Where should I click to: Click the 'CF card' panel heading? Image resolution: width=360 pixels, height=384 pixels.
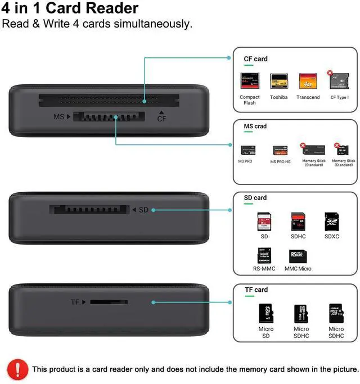tap(255, 59)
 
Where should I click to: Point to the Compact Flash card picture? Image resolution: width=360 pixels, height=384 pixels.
tap(249, 82)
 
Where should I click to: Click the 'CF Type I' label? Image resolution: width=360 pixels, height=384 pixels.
tap(339, 97)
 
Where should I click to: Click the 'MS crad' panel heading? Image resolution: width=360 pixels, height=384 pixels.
tap(255, 127)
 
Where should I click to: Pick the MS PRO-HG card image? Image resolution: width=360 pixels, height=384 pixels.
tap(280, 151)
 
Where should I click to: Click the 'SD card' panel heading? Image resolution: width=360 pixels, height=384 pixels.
tap(255, 198)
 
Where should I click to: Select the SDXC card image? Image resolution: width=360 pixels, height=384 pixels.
tap(332, 222)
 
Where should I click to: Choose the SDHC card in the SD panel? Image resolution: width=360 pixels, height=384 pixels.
tap(298, 222)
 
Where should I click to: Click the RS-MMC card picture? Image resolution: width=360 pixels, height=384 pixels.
tap(264, 256)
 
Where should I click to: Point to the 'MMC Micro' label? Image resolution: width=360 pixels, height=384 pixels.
tap(298, 269)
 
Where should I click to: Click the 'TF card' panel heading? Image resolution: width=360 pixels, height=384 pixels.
tap(256, 290)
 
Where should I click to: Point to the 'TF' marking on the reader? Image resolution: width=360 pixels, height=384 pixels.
tap(75, 302)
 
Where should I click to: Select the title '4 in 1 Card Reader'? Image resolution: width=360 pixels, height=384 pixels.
tap(70, 8)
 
